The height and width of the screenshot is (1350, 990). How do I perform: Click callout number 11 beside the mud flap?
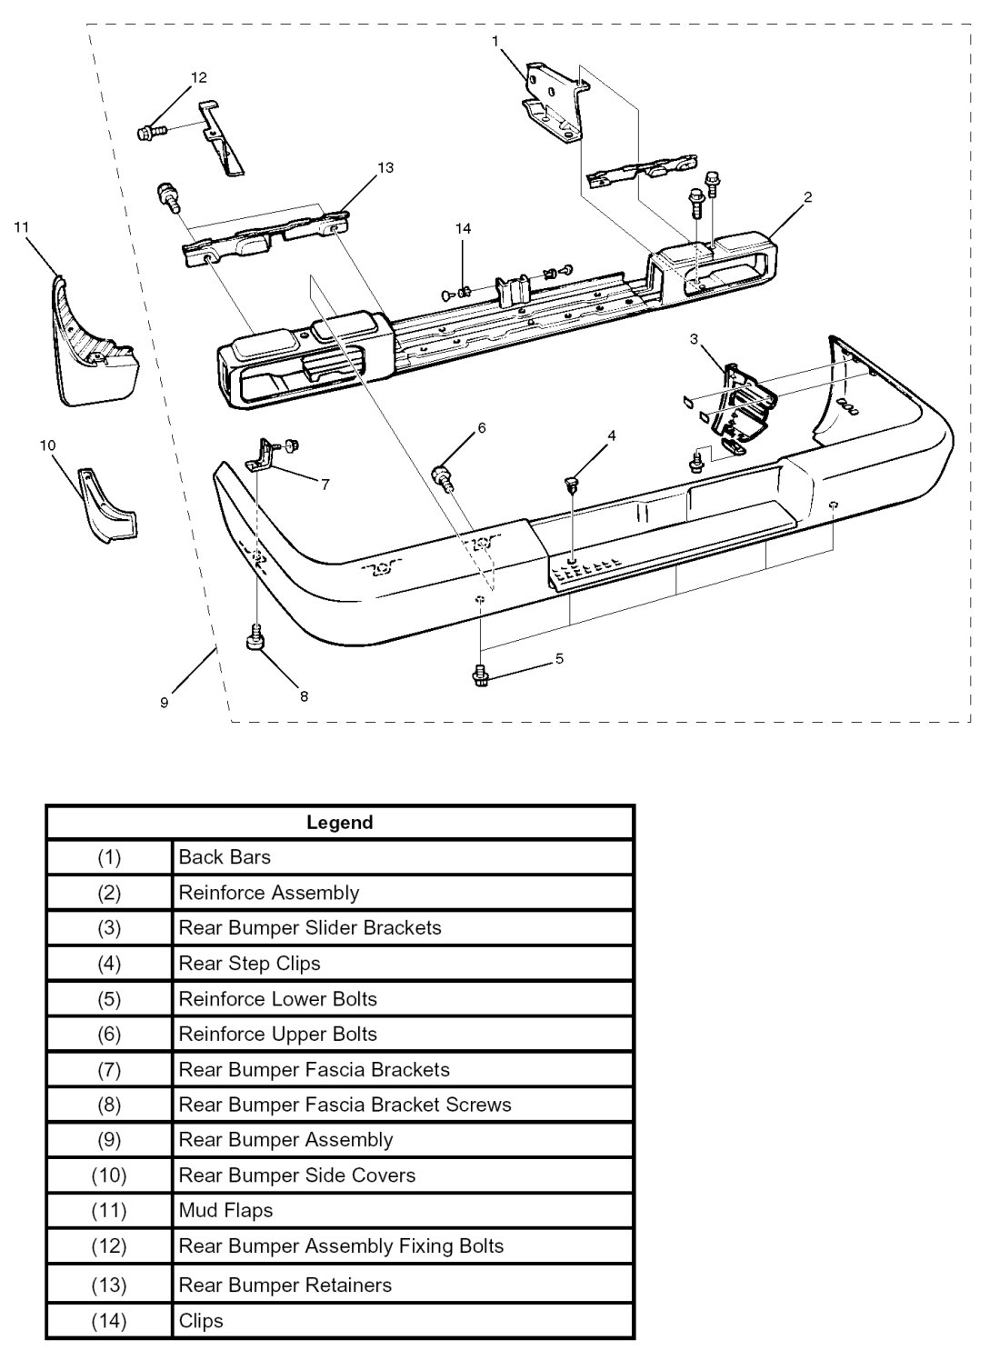tap(23, 226)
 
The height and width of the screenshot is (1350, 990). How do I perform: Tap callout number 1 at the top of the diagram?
tap(495, 41)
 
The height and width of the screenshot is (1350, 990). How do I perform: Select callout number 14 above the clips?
tap(464, 229)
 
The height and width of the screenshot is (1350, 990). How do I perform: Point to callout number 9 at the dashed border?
tap(164, 703)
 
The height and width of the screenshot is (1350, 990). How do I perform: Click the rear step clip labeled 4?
tap(572, 483)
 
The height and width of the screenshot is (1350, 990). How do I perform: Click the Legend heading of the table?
tap(340, 823)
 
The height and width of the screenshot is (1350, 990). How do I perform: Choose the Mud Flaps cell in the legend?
tap(225, 1210)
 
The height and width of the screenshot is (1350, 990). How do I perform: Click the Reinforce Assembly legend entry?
tap(269, 893)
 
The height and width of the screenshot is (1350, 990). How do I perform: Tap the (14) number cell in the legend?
tap(109, 1321)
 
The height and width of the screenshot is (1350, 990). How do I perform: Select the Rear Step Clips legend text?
tap(249, 963)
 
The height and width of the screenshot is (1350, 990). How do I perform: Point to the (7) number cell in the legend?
tap(109, 1069)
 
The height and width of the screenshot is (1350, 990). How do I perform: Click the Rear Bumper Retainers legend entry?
tap(285, 1285)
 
